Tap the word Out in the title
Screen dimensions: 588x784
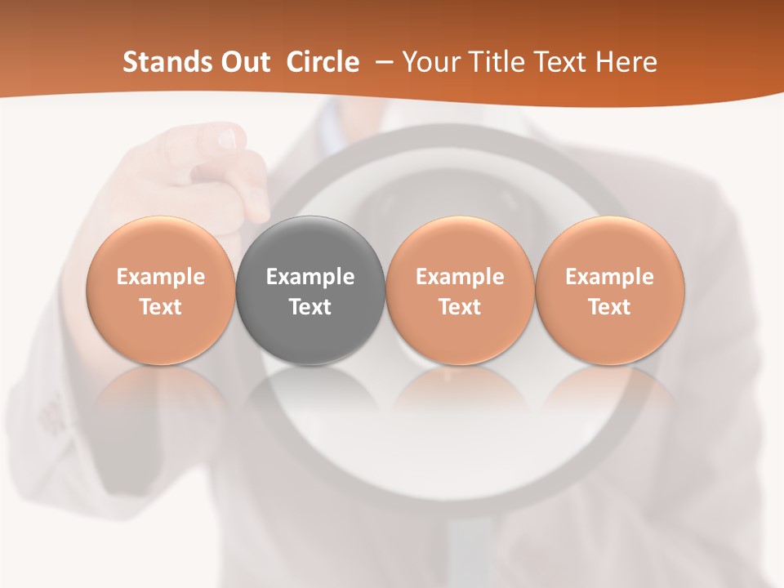[244, 62]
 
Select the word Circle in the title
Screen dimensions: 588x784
[323, 62]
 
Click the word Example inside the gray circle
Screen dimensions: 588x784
[310, 277]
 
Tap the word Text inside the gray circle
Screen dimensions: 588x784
[310, 307]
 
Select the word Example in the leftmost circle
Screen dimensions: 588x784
[160, 277]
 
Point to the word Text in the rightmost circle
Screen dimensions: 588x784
[609, 307]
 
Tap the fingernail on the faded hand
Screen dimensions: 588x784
[226, 140]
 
